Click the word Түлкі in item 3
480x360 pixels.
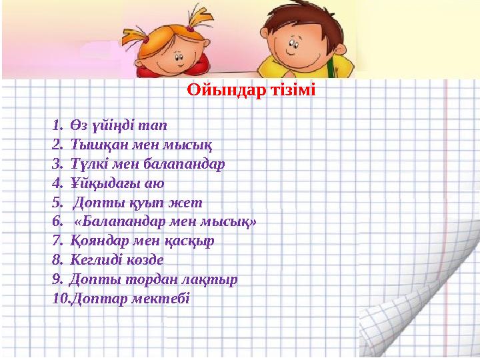click(x=86, y=163)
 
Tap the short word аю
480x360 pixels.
click(x=153, y=183)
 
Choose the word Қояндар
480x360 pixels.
click(x=100, y=241)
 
